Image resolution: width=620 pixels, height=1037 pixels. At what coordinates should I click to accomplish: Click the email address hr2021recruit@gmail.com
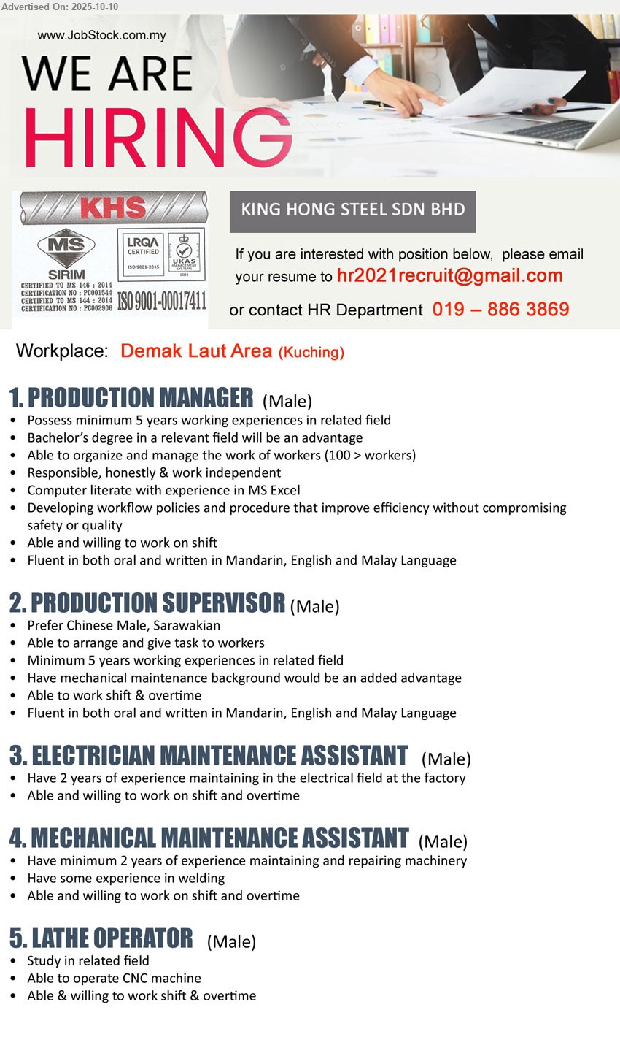(449, 276)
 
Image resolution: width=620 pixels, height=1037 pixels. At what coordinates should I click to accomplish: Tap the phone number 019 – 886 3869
(500, 310)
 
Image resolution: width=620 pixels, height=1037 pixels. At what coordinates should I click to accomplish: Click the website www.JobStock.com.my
(101, 35)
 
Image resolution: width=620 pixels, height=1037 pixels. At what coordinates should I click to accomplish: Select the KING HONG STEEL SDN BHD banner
(352, 210)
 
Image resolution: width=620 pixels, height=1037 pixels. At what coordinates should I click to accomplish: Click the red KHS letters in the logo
(113, 209)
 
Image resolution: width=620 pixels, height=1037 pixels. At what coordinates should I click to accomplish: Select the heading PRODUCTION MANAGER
(140, 398)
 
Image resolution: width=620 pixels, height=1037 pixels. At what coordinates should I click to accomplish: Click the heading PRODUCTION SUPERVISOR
(157, 603)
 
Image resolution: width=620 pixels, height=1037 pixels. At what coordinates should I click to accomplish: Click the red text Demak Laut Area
(196, 351)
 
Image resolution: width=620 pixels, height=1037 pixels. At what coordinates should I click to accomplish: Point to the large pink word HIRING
(157, 137)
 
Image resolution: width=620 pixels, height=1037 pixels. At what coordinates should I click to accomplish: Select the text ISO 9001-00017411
(162, 301)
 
